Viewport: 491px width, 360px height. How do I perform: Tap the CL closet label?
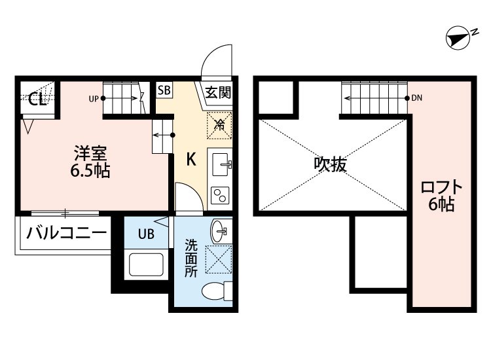[37, 99]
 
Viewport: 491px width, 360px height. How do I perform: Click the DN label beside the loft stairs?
[418, 98]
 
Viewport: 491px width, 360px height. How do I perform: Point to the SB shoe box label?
[163, 90]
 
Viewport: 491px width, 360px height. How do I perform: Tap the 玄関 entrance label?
[217, 93]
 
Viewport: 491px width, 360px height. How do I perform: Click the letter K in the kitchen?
[191, 159]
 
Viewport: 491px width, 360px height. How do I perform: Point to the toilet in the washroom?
[216, 291]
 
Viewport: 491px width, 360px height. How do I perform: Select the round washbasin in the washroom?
[219, 230]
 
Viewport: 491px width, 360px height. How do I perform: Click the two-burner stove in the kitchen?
[219, 195]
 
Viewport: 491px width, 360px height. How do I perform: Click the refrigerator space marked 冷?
[220, 123]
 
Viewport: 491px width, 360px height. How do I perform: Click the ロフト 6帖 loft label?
[442, 195]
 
